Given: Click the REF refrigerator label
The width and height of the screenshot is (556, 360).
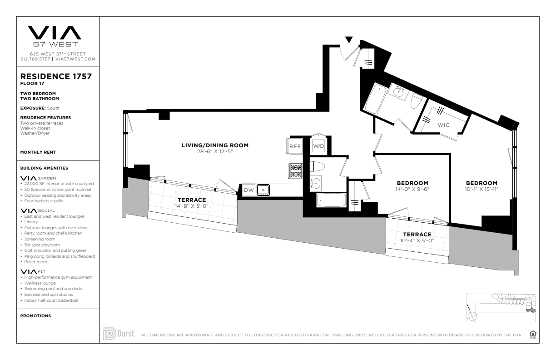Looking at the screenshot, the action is coord(295,146).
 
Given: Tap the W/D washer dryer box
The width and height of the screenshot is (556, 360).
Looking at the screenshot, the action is coord(318,146).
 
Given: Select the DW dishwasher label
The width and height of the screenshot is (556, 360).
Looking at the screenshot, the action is coord(249,190).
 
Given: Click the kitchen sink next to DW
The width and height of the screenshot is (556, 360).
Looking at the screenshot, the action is coord(263,190).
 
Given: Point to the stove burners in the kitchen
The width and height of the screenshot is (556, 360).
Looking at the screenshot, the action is coord(296,171).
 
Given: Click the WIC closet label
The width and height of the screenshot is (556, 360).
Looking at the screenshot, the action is coord(443,125).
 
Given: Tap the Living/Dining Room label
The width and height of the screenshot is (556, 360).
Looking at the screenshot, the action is coord(215,145).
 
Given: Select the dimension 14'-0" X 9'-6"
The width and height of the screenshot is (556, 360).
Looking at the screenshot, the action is coord(412,189).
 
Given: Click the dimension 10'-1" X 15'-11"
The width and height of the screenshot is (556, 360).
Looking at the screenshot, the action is coord(482,189).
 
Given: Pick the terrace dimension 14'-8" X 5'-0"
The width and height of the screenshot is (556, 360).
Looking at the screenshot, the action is coord(191,206).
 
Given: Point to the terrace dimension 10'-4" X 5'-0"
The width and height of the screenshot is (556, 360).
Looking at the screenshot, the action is coord(417,240).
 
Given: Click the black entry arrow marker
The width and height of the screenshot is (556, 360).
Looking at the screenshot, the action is coord(349,40).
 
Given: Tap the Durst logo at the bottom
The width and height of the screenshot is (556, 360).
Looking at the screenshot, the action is coord(119,333).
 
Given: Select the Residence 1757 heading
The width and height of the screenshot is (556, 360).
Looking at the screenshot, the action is coord(56,76).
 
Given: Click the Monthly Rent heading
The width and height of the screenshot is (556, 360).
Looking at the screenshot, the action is coord(38,152).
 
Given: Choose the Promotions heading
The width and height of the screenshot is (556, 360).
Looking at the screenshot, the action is coord(35,316).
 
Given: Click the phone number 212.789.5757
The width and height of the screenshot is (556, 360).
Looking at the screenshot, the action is coord(35,59).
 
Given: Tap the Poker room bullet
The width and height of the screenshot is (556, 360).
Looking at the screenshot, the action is coord(35,262).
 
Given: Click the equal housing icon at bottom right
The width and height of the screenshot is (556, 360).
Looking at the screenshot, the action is coord(533,334).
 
